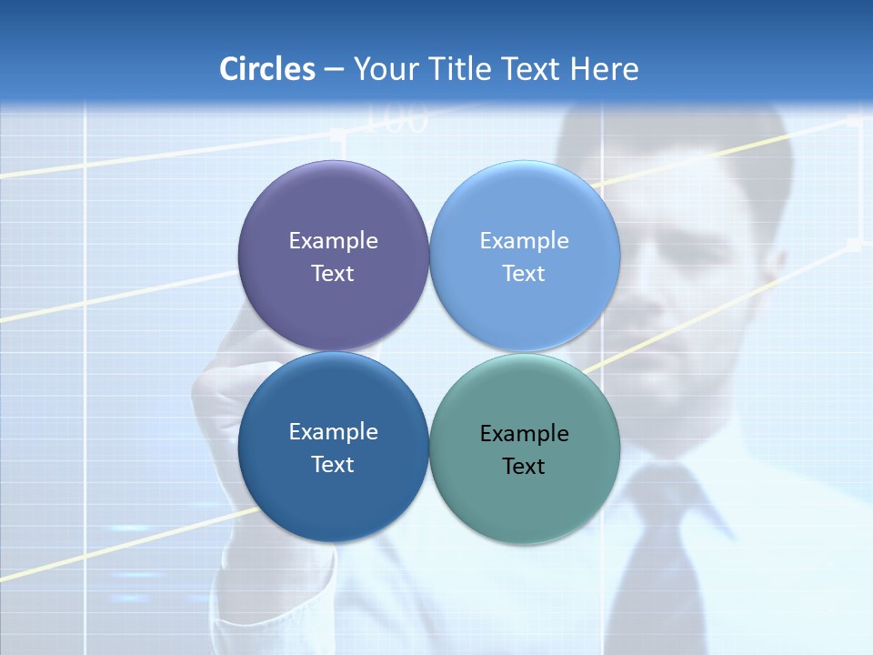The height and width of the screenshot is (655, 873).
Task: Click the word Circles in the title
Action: click(x=266, y=69)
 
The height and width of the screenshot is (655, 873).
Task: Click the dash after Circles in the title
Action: click(x=334, y=70)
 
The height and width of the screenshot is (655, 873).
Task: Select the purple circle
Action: click(x=333, y=209)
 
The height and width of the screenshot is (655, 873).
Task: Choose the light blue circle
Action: click(x=525, y=209)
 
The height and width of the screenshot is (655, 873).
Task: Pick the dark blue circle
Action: click(x=333, y=491)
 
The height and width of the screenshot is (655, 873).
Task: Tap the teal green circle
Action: click(x=525, y=496)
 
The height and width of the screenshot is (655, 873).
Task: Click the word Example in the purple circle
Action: click(x=333, y=241)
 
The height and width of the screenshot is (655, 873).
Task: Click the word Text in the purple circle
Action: click(x=333, y=274)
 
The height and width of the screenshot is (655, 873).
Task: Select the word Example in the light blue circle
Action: click(x=525, y=241)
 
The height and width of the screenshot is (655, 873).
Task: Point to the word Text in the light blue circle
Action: click(x=525, y=274)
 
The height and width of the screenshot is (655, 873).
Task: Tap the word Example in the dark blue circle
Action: click(x=333, y=432)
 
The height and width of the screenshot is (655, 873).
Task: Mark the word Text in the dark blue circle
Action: click(x=333, y=465)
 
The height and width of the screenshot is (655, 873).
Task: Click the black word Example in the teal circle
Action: click(x=525, y=434)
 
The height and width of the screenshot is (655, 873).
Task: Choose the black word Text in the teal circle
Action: click(x=525, y=467)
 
